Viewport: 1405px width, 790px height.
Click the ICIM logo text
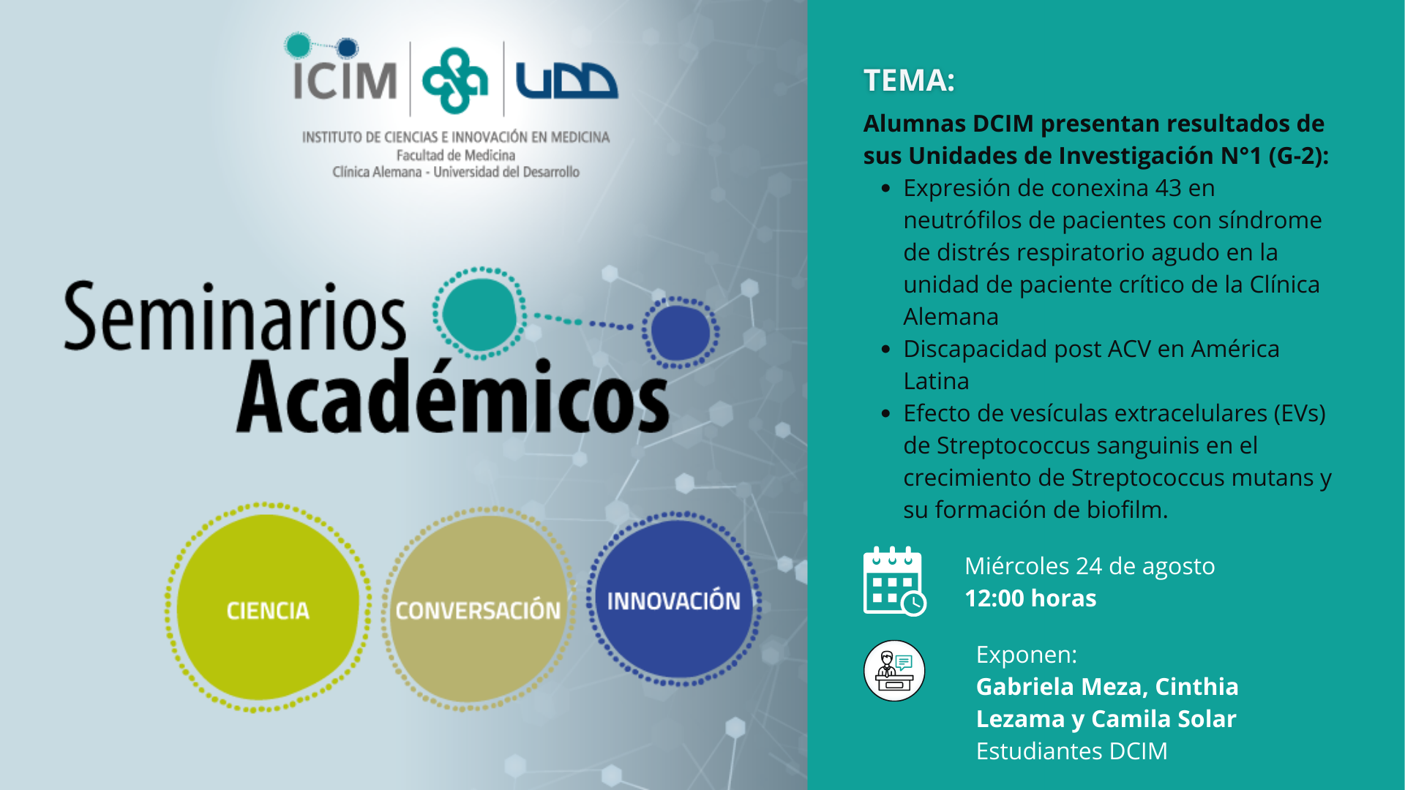click(345, 80)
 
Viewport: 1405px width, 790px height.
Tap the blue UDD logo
click(566, 80)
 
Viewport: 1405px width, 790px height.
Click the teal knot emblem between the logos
click(455, 80)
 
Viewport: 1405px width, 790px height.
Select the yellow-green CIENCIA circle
click(268, 608)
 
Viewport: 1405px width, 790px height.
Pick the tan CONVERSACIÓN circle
click(478, 609)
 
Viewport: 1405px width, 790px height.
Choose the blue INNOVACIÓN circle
click(674, 599)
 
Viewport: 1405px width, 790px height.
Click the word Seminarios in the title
click(235, 317)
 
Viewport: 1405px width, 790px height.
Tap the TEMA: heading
click(909, 80)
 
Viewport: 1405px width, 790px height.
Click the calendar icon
click(894, 582)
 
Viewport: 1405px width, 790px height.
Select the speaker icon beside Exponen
click(894, 671)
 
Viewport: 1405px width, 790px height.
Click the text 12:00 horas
click(1030, 598)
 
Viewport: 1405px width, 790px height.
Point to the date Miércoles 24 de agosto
click(1090, 566)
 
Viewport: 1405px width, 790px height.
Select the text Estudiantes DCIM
click(1072, 751)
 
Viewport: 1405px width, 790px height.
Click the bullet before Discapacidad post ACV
click(886, 350)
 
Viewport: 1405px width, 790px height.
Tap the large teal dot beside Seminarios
click(479, 314)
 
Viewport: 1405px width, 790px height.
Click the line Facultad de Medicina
click(456, 155)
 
